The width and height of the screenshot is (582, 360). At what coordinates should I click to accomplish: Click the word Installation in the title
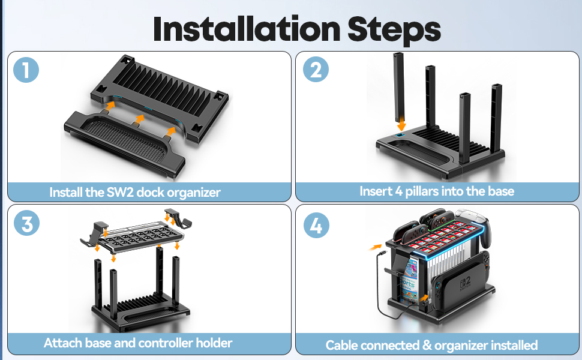[247, 29]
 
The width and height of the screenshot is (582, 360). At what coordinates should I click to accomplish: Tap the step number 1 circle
[26, 70]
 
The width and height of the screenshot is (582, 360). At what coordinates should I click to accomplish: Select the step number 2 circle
[316, 70]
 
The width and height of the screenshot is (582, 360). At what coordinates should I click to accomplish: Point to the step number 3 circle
[27, 223]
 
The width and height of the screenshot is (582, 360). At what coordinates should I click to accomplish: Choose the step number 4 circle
[316, 225]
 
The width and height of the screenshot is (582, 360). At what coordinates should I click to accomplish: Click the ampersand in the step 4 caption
[427, 346]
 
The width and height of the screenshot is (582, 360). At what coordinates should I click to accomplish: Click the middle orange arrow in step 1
[139, 119]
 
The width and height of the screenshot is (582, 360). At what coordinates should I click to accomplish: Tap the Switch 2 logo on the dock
[465, 284]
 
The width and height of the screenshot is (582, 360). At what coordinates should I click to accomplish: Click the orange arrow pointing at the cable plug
[376, 247]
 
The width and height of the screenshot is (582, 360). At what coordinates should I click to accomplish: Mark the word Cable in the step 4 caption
[342, 346]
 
